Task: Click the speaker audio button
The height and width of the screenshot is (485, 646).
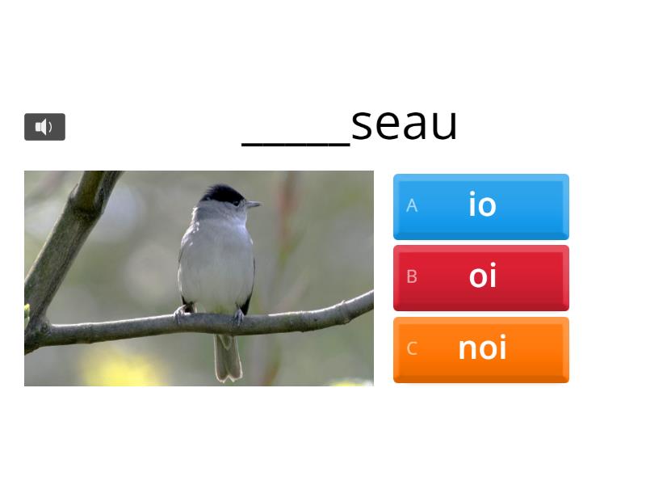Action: pyautogui.click(x=44, y=127)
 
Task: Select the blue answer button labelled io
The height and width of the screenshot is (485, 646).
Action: pyautogui.click(x=480, y=206)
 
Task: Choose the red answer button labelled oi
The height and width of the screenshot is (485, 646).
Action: pyautogui.click(x=480, y=277)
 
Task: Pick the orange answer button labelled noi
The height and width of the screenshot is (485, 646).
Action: pyautogui.click(x=480, y=349)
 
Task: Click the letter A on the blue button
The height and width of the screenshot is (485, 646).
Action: pyautogui.click(x=412, y=206)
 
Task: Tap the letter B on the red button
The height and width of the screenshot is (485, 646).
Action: pyautogui.click(x=412, y=277)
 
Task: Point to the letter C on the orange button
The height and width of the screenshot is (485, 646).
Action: pyautogui.click(x=412, y=349)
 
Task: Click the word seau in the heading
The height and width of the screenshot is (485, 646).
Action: pyautogui.click(x=405, y=124)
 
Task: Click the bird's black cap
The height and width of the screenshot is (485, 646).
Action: pyautogui.click(x=221, y=194)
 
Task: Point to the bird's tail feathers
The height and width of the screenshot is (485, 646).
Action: pyautogui.click(x=227, y=358)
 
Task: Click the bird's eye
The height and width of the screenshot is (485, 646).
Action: pyautogui.click(x=237, y=201)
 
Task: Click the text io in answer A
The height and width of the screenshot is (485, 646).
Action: pyautogui.click(x=482, y=205)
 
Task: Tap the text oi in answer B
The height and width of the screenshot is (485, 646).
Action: pyautogui.click(x=482, y=276)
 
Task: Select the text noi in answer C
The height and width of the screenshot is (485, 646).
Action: pyautogui.click(x=482, y=348)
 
